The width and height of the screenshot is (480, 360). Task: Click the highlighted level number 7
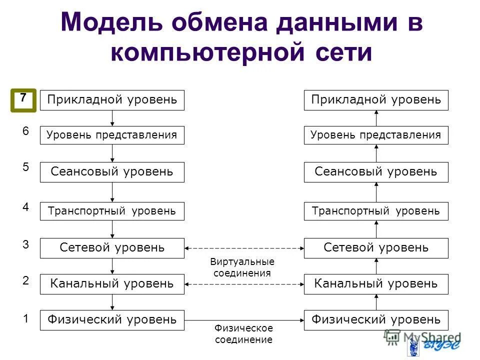[23, 99]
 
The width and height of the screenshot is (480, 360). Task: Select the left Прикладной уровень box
[112, 100]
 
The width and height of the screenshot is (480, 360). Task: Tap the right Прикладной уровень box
[376, 100]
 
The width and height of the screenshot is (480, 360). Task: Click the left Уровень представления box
[112, 135]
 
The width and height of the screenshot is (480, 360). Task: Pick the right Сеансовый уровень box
[376, 172]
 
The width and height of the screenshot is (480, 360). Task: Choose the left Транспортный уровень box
[112, 211]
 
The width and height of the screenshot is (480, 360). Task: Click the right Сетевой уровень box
[376, 248]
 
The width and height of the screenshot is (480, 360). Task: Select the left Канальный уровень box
[112, 284]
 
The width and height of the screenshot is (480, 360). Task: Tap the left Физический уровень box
[112, 319]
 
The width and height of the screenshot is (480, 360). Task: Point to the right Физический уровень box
[376, 319]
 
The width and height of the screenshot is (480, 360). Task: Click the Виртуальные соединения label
[242, 267]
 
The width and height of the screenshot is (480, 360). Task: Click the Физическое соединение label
[243, 334]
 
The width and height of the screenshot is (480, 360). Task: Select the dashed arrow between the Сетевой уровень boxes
[244, 248]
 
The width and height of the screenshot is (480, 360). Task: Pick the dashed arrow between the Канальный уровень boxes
[244, 284]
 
